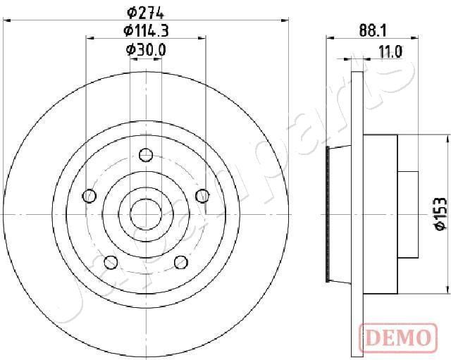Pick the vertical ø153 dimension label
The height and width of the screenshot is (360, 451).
tap(439, 213)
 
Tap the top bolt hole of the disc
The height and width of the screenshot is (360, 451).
tap(145, 155)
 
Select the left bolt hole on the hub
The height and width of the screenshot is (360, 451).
tap(89, 196)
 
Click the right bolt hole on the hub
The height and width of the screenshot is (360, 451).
tap(202, 196)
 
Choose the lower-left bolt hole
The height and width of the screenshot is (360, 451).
tap(111, 262)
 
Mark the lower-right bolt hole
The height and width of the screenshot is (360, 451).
tap(180, 262)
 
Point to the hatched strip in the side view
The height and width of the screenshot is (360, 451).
tap(329, 213)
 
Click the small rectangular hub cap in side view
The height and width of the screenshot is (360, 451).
tap(408, 213)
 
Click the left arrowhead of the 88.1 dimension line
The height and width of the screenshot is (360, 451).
tap(330, 40)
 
